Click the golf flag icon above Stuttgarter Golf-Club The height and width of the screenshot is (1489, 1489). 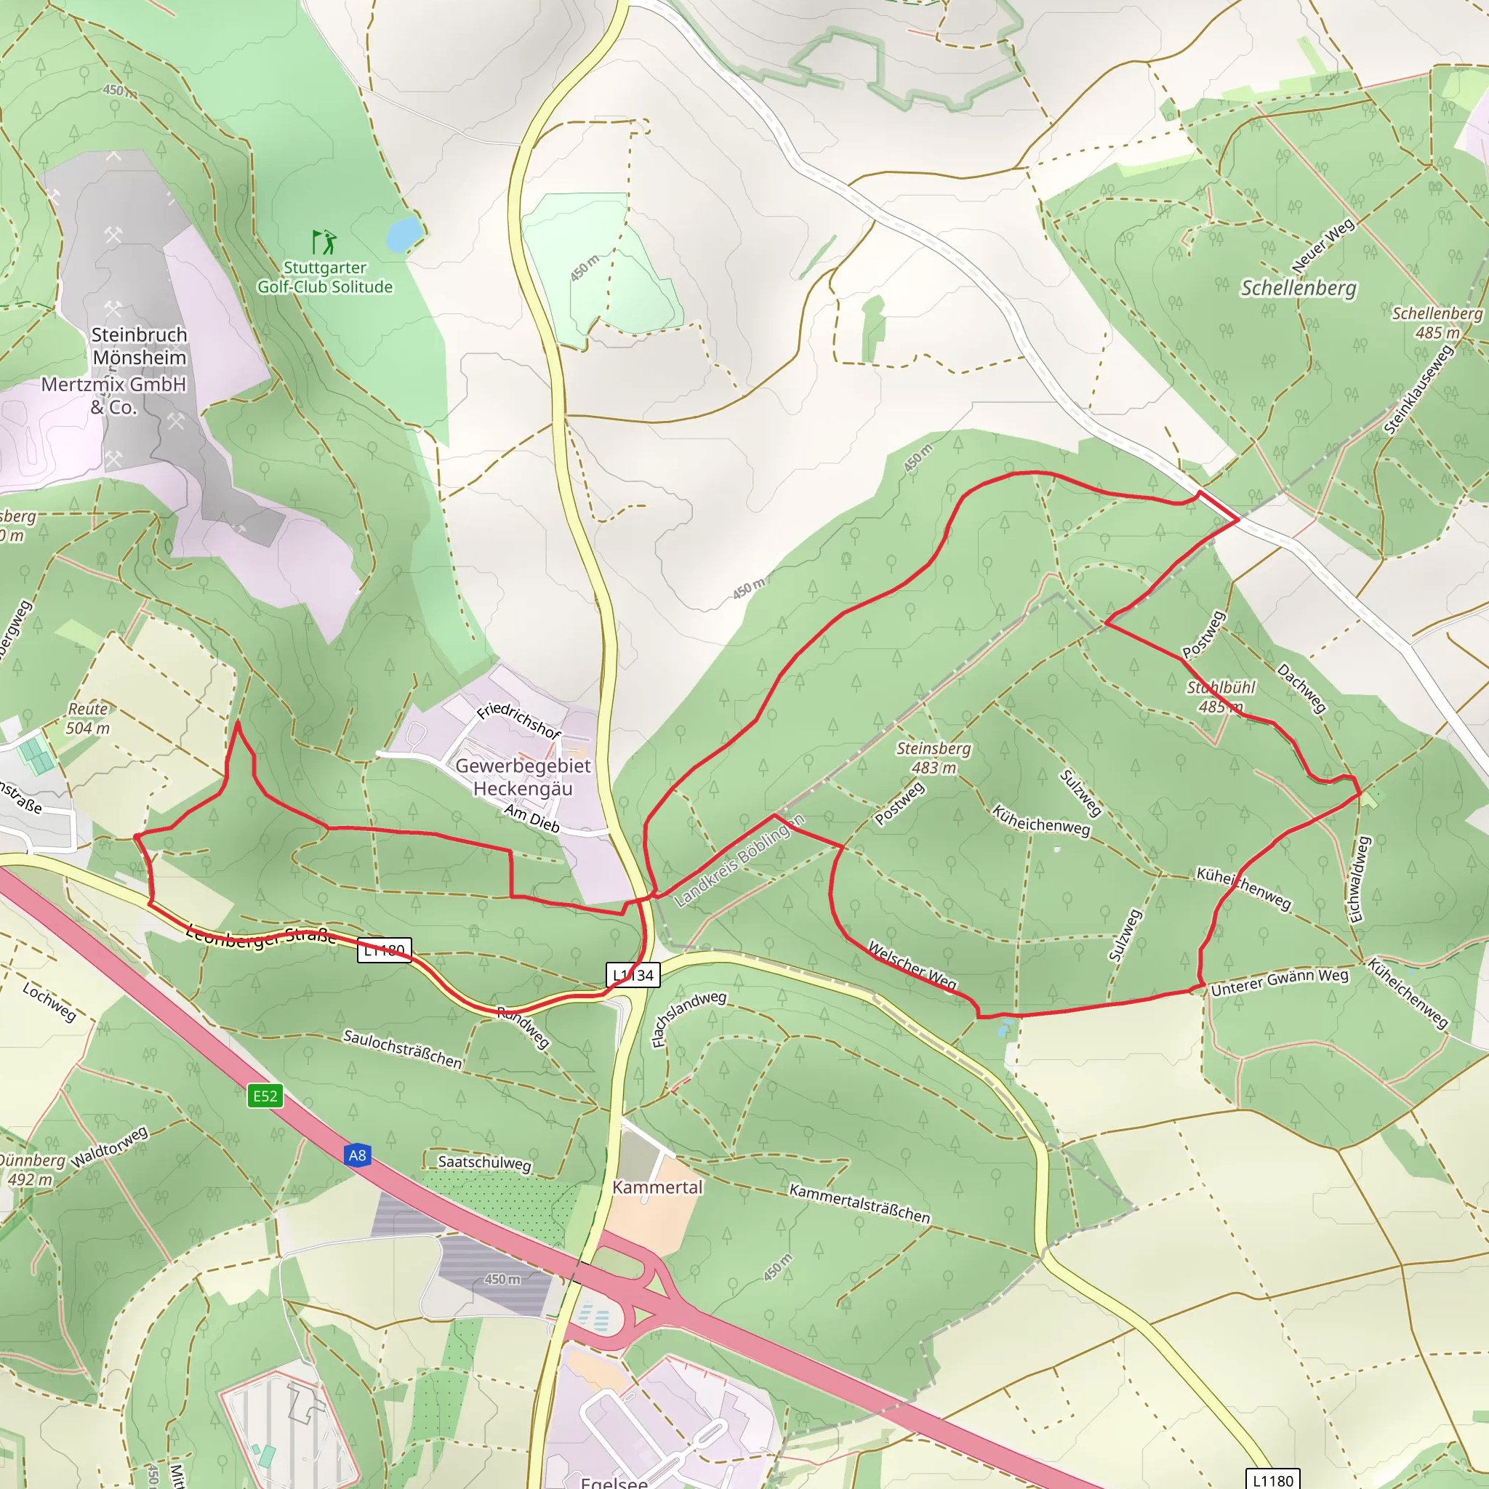pyautogui.click(x=324, y=242)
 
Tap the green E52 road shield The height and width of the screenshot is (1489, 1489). pyautogui.click(x=265, y=1096)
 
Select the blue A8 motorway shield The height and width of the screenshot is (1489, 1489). pyautogui.click(x=357, y=1155)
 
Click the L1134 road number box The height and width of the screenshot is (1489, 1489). pyautogui.click(x=633, y=975)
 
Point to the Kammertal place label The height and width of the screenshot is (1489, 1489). pyautogui.click(x=657, y=1187)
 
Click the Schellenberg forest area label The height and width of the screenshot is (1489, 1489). pyautogui.click(x=1299, y=288)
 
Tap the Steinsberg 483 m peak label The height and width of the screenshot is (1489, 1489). pyautogui.click(x=934, y=758)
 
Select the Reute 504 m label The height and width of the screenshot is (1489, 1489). pyautogui.click(x=88, y=718)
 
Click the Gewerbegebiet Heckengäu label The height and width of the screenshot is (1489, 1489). pyautogui.click(x=523, y=777)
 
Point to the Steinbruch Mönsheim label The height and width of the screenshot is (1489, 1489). pyautogui.click(x=140, y=346)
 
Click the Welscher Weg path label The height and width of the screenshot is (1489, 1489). pyautogui.click(x=912, y=965)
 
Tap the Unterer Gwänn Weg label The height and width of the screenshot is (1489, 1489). pyautogui.click(x=1280, y=982)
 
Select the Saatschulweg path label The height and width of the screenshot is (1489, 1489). pyautogui.click(x=484, y=1163)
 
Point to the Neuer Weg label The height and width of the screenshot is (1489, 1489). pyautogui.click(x=1323, y=245)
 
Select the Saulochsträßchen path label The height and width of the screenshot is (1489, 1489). pyautogui.click(x=402, y=1049)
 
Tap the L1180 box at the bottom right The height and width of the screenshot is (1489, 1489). pyautogui.click(x=1273, y=1480)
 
